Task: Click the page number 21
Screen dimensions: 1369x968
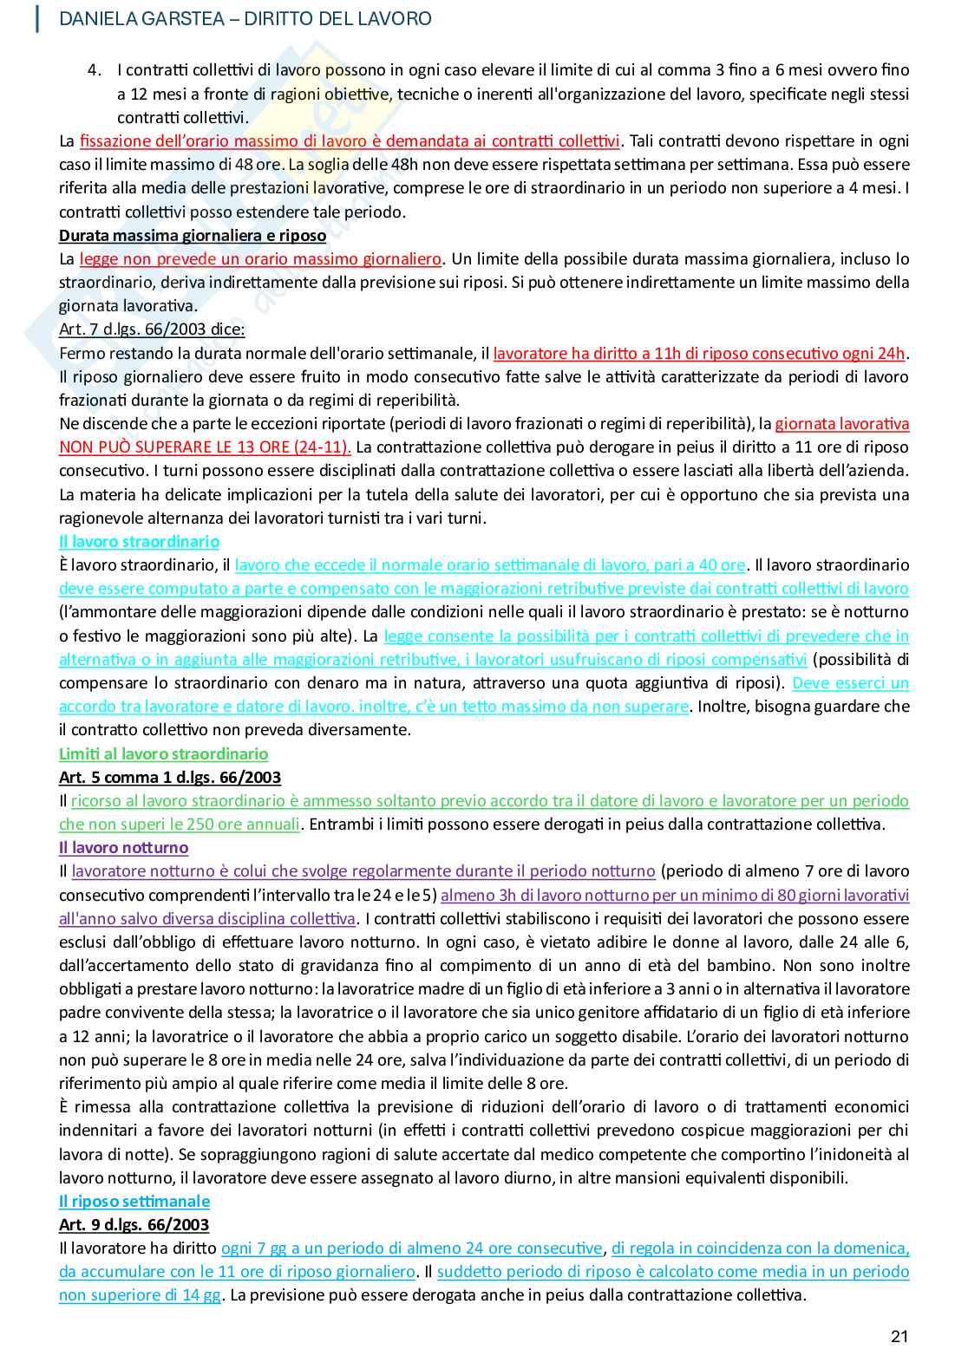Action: coord(899,1336)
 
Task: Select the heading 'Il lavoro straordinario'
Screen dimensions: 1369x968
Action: coord(139,542)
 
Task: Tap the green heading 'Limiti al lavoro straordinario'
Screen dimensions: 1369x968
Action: coord(163,754)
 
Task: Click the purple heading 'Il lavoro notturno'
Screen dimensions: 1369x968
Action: coord(123,848)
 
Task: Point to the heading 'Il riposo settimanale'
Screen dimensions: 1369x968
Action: coord(134,1202)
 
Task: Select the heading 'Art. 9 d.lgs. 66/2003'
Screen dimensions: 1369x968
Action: coord(134,1225)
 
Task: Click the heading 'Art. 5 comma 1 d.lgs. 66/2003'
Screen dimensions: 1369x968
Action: coord(170,778)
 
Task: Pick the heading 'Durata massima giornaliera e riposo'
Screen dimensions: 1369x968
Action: coord(192,236)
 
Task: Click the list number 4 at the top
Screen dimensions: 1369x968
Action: coord(95,70)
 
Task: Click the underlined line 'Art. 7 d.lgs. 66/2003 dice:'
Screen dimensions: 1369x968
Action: coord(152,329)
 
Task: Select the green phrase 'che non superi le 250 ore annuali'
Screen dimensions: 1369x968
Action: coord(180,825)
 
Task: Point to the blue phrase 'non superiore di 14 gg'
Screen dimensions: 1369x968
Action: coord(140,1295)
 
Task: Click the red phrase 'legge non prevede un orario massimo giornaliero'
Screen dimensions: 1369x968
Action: coord(260,259)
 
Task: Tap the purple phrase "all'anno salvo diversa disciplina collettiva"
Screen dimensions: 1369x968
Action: coord(206,919)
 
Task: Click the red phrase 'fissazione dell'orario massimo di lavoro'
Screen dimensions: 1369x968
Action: coord(217,141)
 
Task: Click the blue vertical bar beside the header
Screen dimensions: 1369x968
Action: coord(37,18)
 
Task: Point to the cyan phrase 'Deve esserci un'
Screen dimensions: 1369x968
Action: coord(850,683)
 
